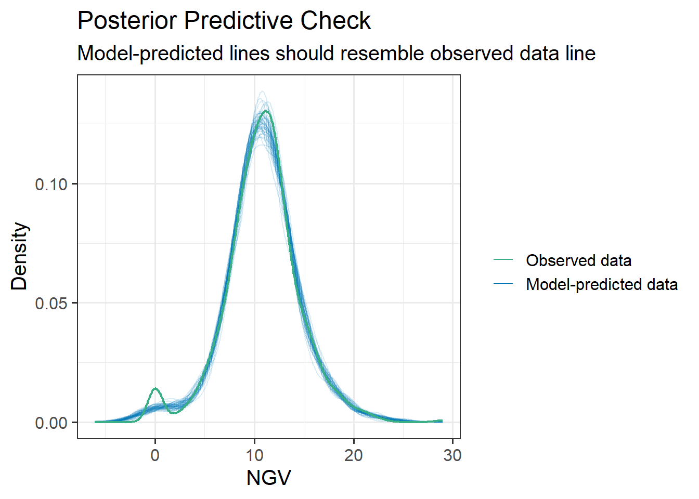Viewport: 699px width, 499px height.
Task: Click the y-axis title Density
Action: click(20, 256)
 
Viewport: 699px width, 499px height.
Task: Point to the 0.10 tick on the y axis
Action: click(51, 184)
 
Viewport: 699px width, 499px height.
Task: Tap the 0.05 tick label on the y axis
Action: click(51, 303)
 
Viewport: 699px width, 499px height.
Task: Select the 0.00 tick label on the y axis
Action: click(51, 423)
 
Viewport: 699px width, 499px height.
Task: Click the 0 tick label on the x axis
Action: click(155, 455)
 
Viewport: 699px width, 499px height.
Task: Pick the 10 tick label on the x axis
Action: click(254, 455)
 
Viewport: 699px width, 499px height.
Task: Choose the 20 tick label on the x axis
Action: click(354, 455)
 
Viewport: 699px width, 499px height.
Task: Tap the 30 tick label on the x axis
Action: click(452, 455)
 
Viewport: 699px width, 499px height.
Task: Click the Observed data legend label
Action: click(578, 260)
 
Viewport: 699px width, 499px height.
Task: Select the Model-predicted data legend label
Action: click(602, 284)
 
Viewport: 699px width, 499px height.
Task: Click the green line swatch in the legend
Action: click(503, 260)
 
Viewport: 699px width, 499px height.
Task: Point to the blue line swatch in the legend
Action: click(503, 284)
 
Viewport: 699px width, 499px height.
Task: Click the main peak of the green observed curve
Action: click(266, 111)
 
